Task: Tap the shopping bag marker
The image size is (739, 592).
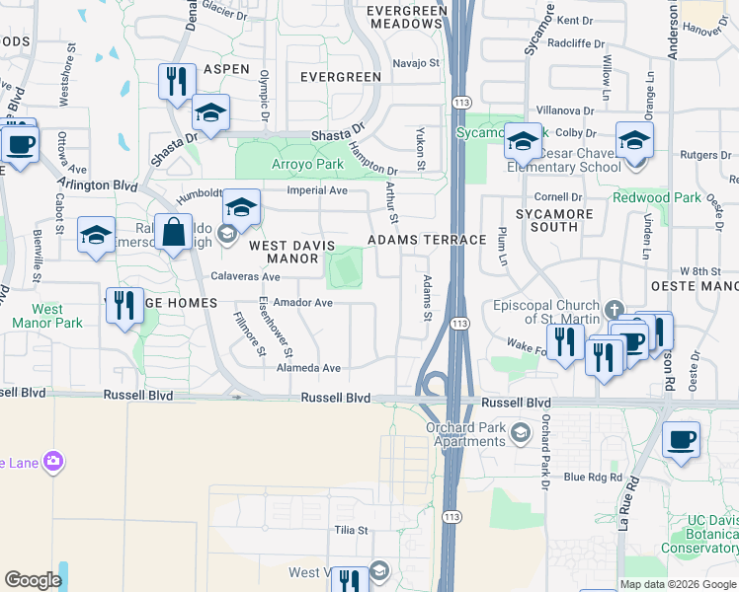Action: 174,234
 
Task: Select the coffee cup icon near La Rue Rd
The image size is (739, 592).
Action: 680,440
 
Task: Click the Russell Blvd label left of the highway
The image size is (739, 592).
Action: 336,398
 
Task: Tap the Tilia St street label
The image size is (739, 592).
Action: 350,530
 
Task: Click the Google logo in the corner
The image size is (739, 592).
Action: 33,580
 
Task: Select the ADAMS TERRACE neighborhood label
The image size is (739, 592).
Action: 427,240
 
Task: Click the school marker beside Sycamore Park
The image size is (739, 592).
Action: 523,142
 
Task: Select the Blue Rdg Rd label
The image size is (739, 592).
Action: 593,478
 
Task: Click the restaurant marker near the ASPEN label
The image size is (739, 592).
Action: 177,82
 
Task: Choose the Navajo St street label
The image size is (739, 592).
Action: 415,63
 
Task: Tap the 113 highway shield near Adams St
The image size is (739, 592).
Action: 458,323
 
